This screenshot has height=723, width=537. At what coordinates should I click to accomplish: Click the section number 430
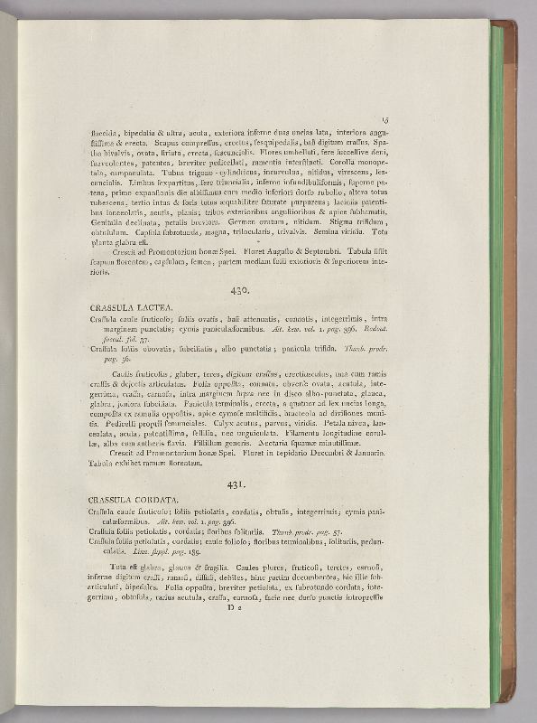(x=238, y=290)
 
